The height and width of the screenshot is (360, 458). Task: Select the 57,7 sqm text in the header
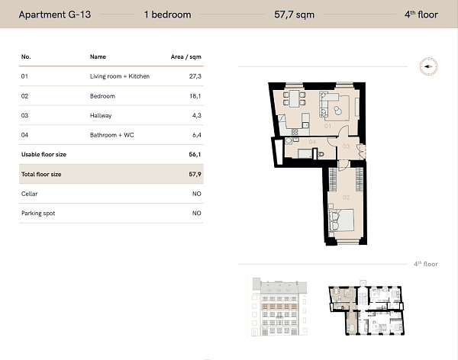(295, 14)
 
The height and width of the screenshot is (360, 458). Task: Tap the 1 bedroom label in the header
(166, 14)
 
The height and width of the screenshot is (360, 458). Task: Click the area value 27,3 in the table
(195, 76)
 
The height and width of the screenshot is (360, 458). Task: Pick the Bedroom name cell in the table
(102, 96)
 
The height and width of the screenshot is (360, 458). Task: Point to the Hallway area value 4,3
(195, 115)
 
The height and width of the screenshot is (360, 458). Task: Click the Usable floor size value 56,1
(195, 154)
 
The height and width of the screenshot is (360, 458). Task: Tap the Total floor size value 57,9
(195, 174)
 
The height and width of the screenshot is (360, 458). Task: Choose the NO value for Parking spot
(196, 213)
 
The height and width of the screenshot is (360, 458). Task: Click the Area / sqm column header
(185, 56)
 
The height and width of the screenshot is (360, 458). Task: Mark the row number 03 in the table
(25, 115)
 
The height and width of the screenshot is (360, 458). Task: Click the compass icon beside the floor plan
(428, 67)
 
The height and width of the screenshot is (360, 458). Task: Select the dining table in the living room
(293, 99)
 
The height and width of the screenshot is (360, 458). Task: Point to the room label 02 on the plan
(346, 198)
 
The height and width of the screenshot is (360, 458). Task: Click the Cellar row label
(29, 194)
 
